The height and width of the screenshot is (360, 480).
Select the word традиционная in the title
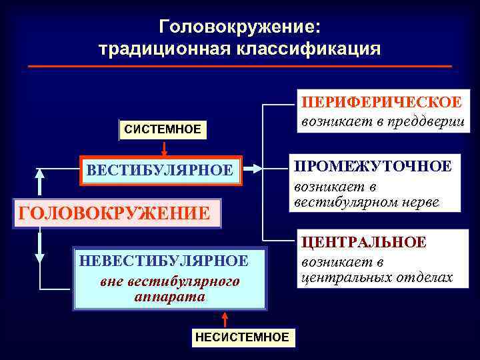(160, 49)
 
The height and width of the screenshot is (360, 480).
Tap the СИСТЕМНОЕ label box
(163, 129)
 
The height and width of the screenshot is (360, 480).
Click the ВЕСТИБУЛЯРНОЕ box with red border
(160, 171)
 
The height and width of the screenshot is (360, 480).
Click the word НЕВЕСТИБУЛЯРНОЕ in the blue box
(163, 261)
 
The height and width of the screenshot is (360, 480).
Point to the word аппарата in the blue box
(169, 297)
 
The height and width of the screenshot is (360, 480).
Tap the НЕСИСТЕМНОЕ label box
(242, 337)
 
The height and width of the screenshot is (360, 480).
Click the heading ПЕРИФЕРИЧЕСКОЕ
(381, 103)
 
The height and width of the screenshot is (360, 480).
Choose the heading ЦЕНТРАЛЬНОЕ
(364, 243)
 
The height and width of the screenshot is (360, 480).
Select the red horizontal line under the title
(240, 66)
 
